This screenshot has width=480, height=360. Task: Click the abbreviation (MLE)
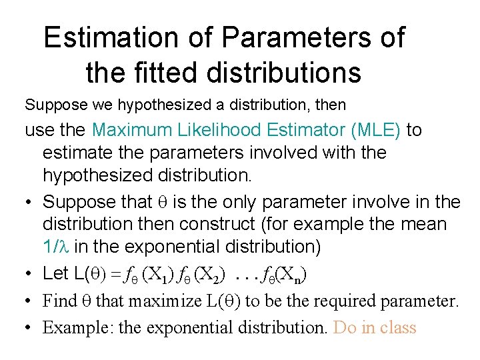(377, 130)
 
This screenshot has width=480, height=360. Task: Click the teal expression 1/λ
(56, 247)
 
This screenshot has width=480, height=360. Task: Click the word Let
(57, 273)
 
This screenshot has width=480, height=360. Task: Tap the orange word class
(396, 328)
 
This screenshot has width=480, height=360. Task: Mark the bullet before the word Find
(29, 301)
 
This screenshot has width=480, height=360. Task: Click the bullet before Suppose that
(29, 201)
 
